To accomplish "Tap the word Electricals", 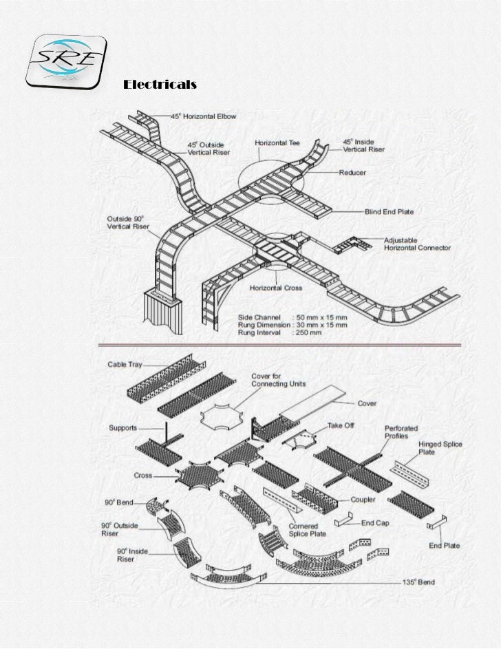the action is (160, 85).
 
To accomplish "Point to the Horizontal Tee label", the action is (277, 142).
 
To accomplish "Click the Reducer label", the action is (352, 172).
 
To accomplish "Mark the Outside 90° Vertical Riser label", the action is (128, 224).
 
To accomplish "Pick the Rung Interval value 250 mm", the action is (312, 331).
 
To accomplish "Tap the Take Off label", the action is (341, 425).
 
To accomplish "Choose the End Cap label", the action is (375, 522).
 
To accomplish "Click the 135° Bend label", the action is (418, 582).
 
